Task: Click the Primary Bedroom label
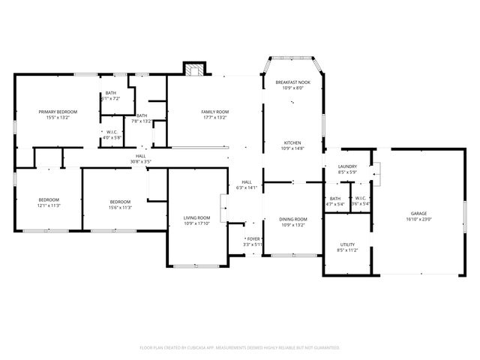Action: click(x=58, y=112)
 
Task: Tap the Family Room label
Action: click(x=214, y=112)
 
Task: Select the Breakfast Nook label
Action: click(x=292, y=82)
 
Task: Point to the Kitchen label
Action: click(x=292, y=142)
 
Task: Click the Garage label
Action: click(x=418, y=214)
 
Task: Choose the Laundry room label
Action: click(x=347, y=166)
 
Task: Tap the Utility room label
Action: click(x=347, y=244)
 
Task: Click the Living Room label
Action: click(x=197, y=218)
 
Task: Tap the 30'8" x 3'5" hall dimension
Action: click(x=140, y=161)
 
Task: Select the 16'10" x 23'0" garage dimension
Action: click(x=418, y=219)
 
